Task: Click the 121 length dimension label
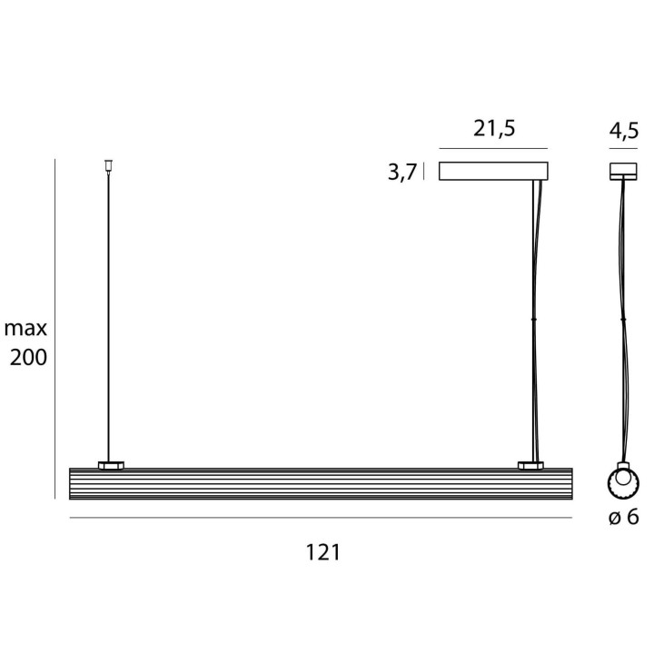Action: click(x=323, y=552)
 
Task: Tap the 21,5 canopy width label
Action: click(x=494, y=128)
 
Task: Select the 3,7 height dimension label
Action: click(x=402, y=172)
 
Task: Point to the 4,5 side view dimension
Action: click(x=623, y=131)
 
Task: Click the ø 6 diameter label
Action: click(x=623, y=517)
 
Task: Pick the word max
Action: click(x=25, y=328)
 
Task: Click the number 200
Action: click(x=28, y=358)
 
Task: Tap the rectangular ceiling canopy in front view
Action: click(x=493, y=171)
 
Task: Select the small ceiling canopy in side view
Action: click(x=623, y=172)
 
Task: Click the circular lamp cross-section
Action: click(x=623, y=482)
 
